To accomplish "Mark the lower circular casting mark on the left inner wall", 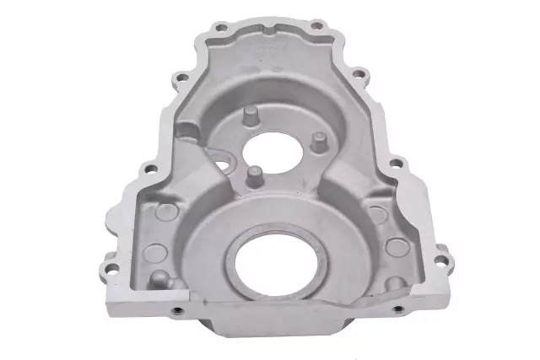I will pos(155,250).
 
